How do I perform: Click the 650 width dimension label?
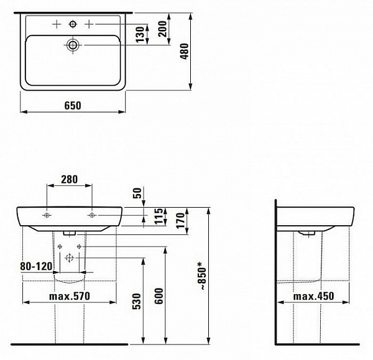click(73, 106)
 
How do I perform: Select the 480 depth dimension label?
click(185, 51)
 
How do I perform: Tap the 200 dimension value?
click(163, 29)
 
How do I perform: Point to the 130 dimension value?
click(140, 34)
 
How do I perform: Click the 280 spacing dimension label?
click(69, 180)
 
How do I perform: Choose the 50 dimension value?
click(137, 193)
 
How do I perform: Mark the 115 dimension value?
click(159, 216)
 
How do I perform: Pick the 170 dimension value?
click(181, 220)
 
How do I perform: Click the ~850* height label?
click(203, 276)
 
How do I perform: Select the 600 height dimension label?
click(159, 296)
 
